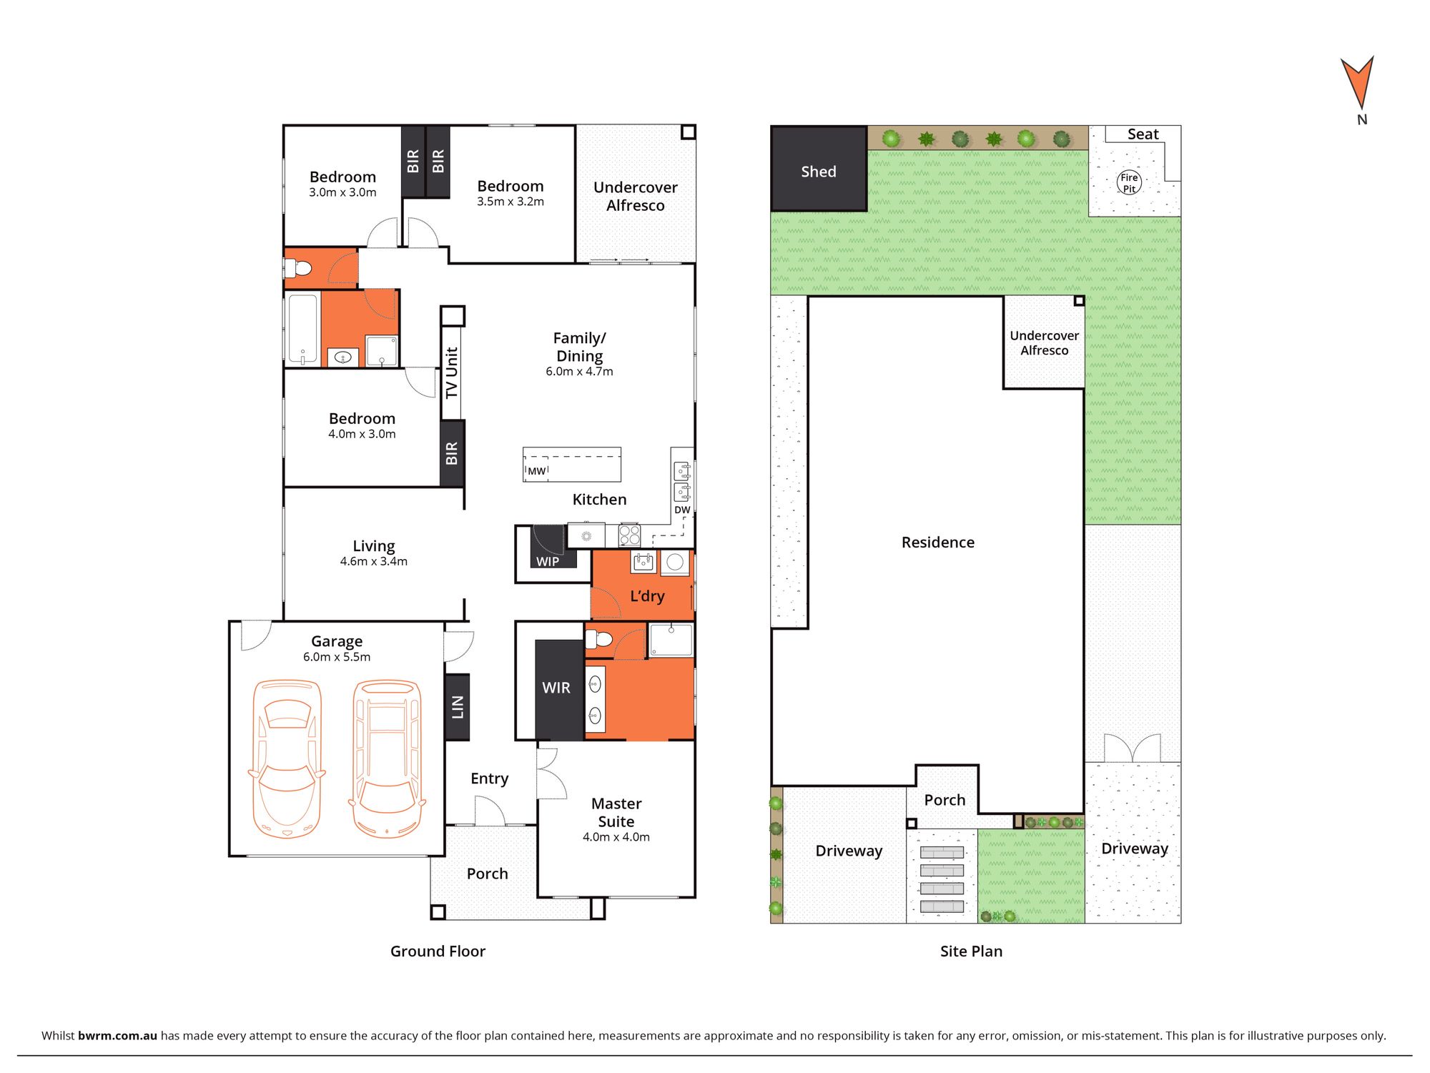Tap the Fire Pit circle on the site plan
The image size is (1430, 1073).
pyautogui.click(x=1129, y=183)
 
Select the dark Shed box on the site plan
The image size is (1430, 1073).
pyautogui.click(x=819, y=169)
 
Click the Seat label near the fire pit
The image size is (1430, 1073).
pyautogui.click(x=1143, y=134)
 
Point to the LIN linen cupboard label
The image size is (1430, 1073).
pyautogui.click(x=458, y=707)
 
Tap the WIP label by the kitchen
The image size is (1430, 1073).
pyautogui.click(x=548, y=562)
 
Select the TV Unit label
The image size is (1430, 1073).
pyautogui.click(x=451, y=372)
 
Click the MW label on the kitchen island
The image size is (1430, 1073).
pyautogui.click(x=537, y=471)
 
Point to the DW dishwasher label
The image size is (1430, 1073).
pyautogui.click(x=682, y=510)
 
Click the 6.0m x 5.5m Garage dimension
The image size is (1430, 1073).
pyautogui.click(x=337, y=657)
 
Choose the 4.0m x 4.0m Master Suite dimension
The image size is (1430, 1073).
pyautogui.click(x=616, y=837)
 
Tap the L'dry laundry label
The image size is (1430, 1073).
pyautogui.click(x=647, y=596)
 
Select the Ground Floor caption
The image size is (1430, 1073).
pyautogui.click(x=438, y=951)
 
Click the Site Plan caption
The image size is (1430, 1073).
pyautogui.click(x=971, y=951)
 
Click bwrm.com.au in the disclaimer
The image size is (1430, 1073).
pyautogui.click(x=117, y=1036)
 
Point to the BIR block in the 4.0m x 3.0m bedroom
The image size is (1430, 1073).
pyautogui.click(x=452, y=453)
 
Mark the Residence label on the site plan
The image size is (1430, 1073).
pyautogui.click(x=938, y=543)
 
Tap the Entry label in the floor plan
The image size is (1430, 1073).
pyautogui.click(x=490, y=778)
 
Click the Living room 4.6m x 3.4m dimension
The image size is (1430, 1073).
pyautogui.click(x=374, y=562)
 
